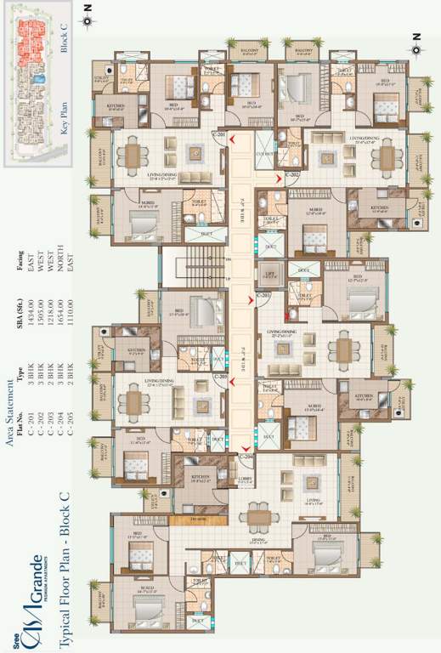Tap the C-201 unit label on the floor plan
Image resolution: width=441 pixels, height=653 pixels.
point(219,135)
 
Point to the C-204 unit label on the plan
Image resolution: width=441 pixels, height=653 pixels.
point(247,457)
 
